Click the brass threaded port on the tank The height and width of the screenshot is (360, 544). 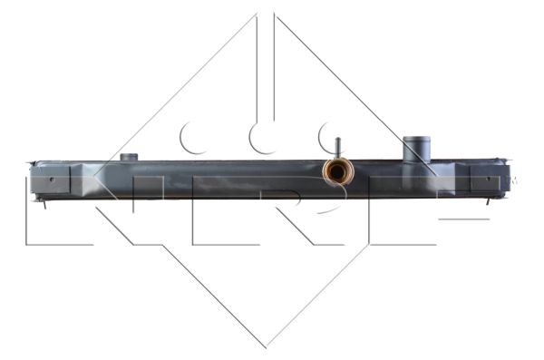click(338, 171)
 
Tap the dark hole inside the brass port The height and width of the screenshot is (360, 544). click(336, 172)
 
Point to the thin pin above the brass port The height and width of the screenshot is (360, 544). click(338, 148)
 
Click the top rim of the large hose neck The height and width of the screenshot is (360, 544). click(416, 139)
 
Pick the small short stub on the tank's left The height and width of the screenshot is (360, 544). click(129, 157)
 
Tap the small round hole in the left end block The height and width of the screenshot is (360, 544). click(52, 180)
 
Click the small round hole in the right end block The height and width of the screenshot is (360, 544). click(489, 179)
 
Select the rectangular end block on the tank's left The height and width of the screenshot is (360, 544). click(50, 180)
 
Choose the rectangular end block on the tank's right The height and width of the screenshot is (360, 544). click(490, 178)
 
